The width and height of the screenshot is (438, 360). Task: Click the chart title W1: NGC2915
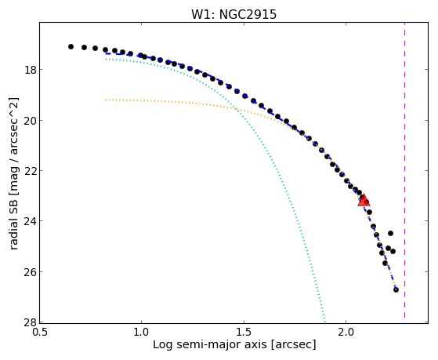[x=233, y=14]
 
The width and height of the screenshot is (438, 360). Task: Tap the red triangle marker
[x=364, y=200]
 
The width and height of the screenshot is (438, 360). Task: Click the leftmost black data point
[x=71, y=46]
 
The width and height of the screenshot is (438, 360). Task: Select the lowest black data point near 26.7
[x=396, y=289]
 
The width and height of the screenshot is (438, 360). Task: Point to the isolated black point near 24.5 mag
[x=390, y=233]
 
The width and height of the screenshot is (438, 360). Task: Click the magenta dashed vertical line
[x=404, y=170]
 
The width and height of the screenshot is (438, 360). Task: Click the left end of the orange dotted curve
[x=106, y=100]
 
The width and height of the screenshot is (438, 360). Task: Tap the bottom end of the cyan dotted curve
[x=325, y=321]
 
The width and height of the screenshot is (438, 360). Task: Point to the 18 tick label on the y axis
[x=31, y=70]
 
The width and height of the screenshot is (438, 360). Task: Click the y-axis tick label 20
[x=31, y=121]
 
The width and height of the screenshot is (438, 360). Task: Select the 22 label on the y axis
[x=31, y=171]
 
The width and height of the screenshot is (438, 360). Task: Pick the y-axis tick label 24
[x=31, y=221]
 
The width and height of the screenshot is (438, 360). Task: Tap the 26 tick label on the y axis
[x=31, y=272]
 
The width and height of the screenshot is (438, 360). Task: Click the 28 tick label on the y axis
[x=31, y=322]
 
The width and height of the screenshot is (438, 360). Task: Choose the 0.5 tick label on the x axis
[x=40, y=332]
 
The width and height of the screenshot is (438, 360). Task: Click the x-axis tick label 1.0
[x=142, y=332]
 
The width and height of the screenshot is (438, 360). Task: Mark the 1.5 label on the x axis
[x=244, y=332]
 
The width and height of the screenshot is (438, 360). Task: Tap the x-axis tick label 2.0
[x=346, y=332]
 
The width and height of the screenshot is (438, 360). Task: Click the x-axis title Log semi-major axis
[x=210, y=344]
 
